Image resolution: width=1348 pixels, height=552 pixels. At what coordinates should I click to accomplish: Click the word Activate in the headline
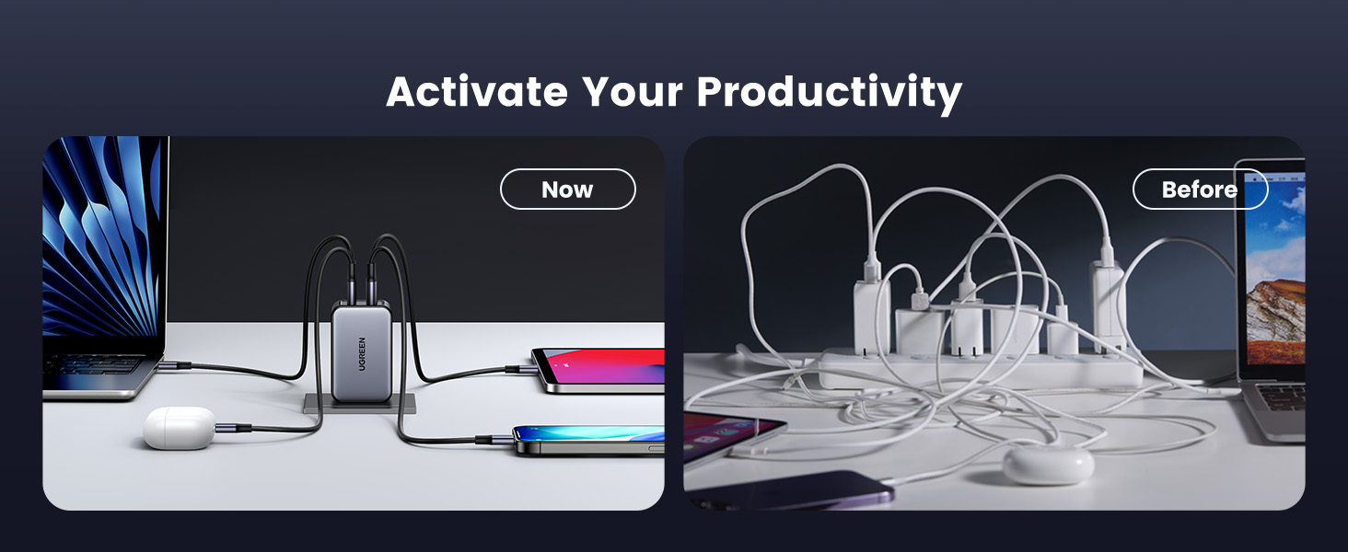coord(477,92)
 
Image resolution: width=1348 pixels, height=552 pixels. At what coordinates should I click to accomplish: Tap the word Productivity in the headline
coord(830,94)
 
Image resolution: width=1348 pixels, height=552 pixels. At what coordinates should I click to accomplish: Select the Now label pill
coord(567,190)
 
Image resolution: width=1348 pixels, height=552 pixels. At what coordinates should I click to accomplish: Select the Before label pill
coord(1200,190)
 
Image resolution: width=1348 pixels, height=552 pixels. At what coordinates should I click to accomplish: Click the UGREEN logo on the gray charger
coord(362,353)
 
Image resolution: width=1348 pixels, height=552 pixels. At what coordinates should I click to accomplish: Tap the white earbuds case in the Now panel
coord(180,428)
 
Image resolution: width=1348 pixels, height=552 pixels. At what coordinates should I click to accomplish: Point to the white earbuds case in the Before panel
coord(1049,463)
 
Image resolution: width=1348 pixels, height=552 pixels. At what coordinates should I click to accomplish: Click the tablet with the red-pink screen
coord(598,371)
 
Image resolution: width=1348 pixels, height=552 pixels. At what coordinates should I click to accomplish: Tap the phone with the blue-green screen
coord(588,440)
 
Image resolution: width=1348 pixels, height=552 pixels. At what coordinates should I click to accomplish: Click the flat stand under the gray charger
coord(360,404)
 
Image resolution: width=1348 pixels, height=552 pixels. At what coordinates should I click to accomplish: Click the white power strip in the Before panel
coord(981,368)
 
